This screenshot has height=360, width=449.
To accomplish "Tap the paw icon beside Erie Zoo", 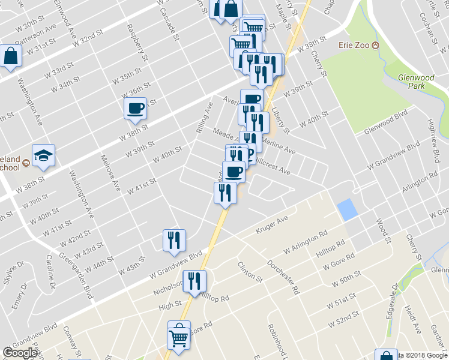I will (x=376, y=46).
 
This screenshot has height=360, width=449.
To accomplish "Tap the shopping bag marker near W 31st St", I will (x=11, y=57).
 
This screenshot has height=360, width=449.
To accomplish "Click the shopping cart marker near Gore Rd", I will (x=178, y=338).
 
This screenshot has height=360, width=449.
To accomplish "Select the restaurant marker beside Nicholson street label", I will (x=195, y=281).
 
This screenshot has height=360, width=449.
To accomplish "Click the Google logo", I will (x=20, y=353).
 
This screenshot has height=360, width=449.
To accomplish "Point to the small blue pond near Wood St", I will (x=346, y=209).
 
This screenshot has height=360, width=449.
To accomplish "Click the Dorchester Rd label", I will (x=283, y=276).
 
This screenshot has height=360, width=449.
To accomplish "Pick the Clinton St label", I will (x=250, y=272).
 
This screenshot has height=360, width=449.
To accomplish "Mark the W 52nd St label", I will (x=343, y=320).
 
